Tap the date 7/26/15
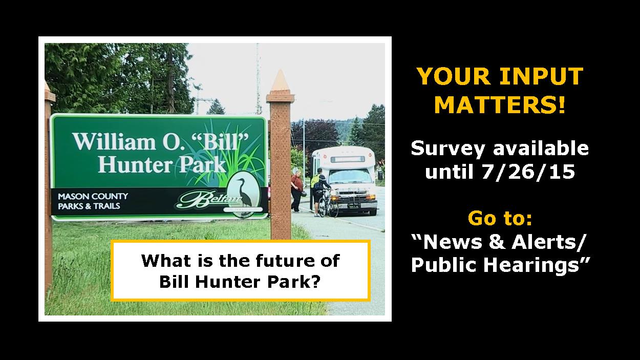coord(528,172)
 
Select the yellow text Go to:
coord(500,218)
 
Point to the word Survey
coord(447,149)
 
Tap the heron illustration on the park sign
coord(244,193)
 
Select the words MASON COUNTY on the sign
coord(93,196)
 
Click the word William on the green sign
coord(114,141)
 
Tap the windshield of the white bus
coord(350,176)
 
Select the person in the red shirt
coord(297,192)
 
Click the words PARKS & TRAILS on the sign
coord(89,206)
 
